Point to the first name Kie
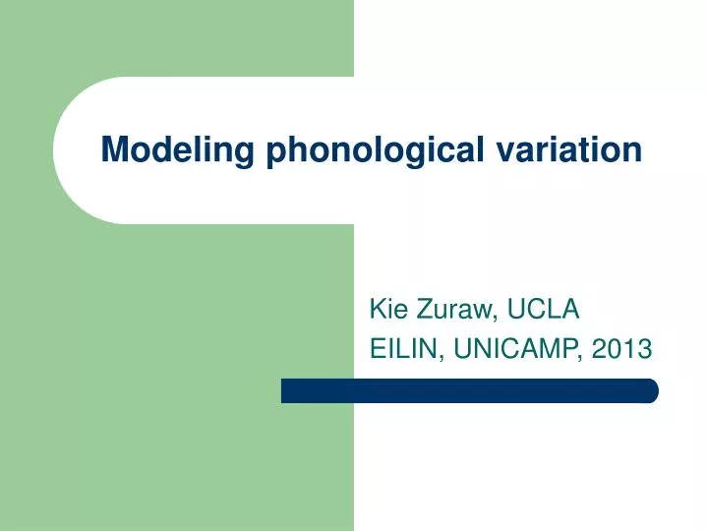point(387,311)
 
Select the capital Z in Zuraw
point(423,311)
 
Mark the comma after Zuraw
point(498,319)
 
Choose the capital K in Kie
point(377,311)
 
